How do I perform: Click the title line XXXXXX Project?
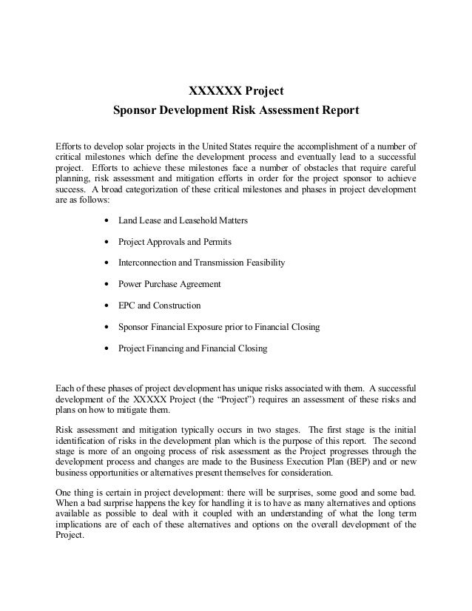[236, 92]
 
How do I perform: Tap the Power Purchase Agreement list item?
[169, 284]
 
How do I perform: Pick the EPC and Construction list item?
[159, 305]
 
